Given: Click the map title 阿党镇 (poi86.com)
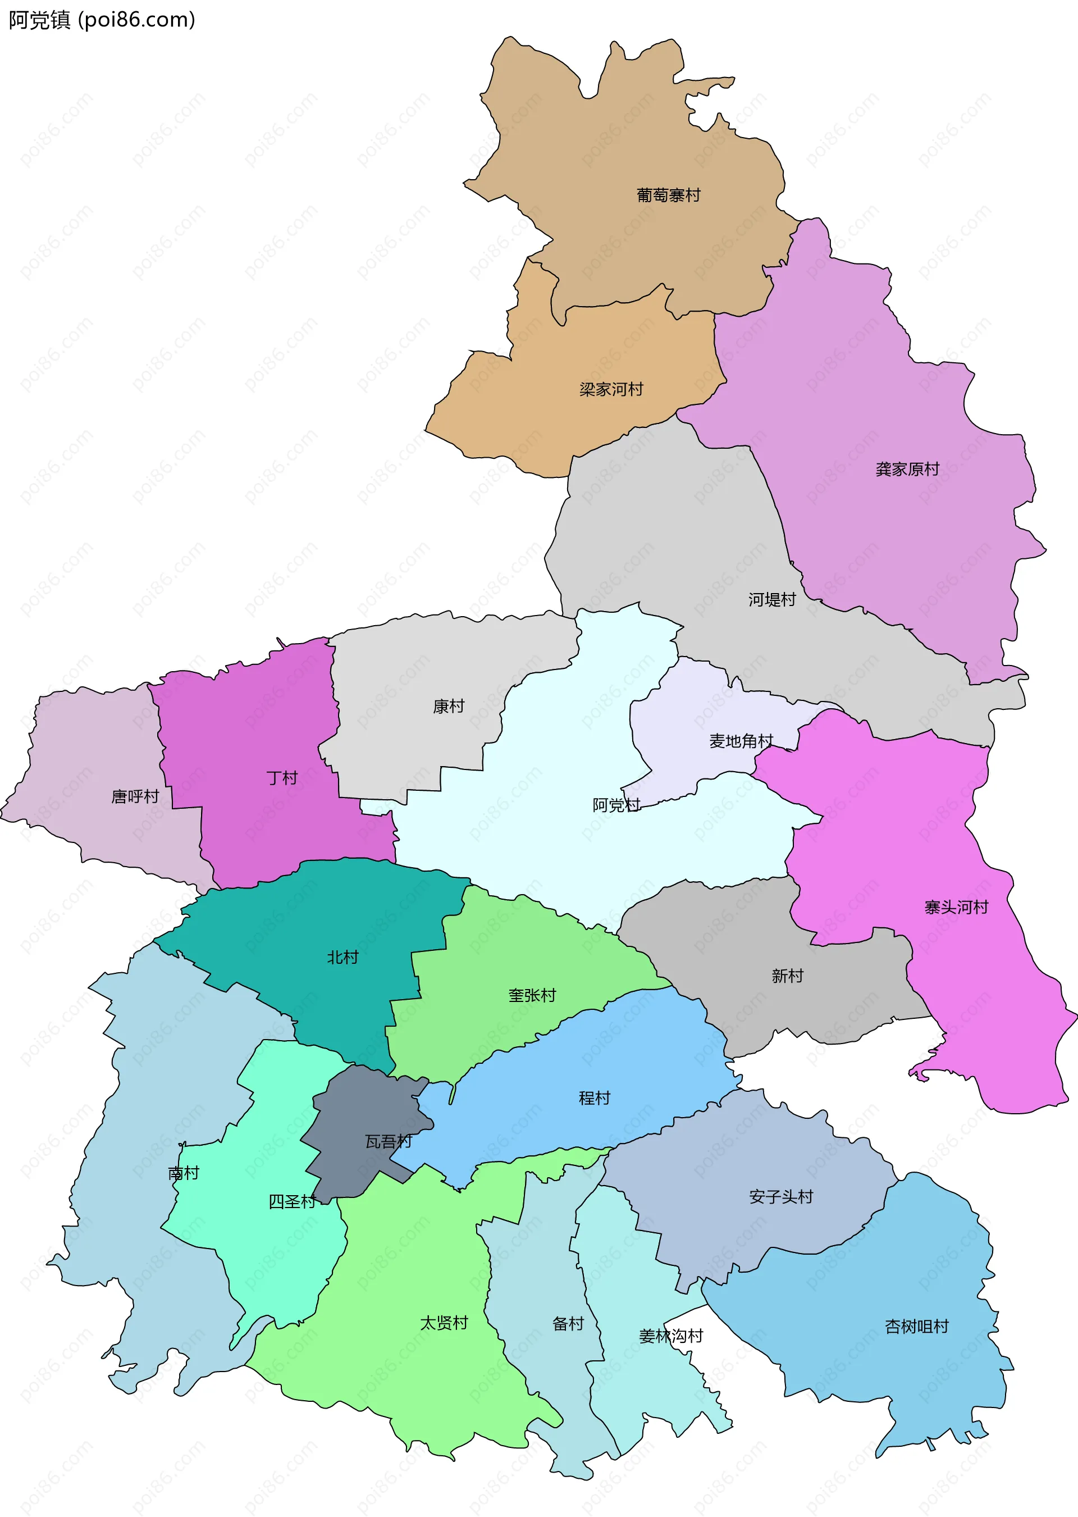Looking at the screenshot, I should (102, 20).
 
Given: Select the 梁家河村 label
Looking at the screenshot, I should (611, 389).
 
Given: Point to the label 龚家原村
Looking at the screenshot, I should (907, 470).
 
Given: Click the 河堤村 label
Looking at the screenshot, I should (772, 599).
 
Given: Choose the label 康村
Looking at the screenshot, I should (448, 707).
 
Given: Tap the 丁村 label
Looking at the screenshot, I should (281, 777).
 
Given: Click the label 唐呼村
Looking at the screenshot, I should (135, 796).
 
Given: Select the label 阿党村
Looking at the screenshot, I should (616, 805).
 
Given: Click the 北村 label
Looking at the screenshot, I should (342, 956).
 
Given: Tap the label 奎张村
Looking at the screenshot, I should (532, 995).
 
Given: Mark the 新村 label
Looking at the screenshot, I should (787, 975).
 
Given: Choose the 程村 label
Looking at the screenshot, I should (594, 1098).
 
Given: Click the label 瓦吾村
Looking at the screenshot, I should (389, 1141).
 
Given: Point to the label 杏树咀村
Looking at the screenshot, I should (916, 1327).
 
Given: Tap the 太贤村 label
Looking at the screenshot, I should (444, 1323).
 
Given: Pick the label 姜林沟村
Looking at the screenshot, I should (670, 1336).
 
